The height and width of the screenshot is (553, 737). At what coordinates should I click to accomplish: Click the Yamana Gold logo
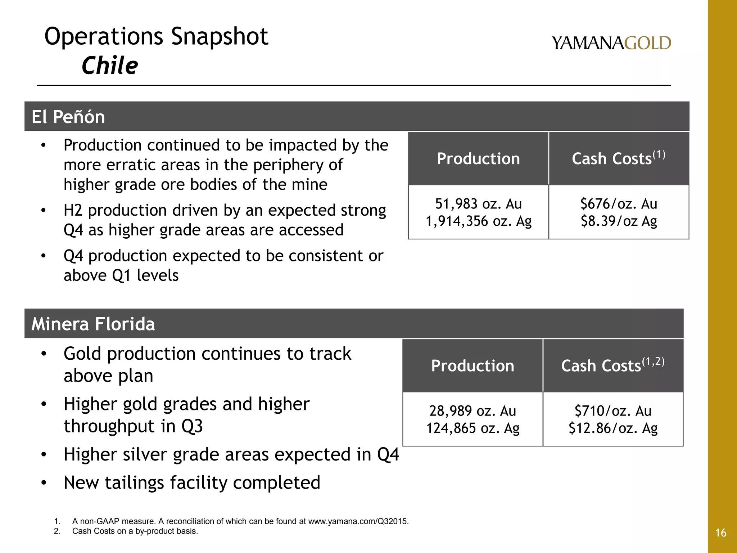coord(611,43)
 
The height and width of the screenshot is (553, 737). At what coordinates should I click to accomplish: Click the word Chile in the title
coord(110,66)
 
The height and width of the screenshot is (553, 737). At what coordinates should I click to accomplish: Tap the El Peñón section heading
coord(68,117)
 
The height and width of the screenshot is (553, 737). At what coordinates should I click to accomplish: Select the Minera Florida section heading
coord(93,324)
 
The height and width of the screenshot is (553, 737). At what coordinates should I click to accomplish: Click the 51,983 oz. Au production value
coord(478,204)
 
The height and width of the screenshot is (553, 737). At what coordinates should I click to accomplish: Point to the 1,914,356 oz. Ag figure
coord(478,221)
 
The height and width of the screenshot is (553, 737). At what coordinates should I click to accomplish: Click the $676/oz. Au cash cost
coord(619,204)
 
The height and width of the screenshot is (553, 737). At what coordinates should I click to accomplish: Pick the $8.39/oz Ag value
coord(619,221)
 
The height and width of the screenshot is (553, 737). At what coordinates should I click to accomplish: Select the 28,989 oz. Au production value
coord(473,411)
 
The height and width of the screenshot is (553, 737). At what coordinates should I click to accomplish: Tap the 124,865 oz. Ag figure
coord(473,428)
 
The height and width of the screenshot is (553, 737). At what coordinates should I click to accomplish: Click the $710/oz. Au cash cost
coord(613,411)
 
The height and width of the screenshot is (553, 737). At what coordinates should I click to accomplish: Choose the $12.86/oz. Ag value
coord(613,428)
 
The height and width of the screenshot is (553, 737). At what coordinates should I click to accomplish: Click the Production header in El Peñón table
coord(478,159)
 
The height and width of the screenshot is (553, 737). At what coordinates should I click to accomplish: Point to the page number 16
coord(721,533)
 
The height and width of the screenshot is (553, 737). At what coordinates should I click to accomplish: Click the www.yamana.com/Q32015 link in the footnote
coord(358,521)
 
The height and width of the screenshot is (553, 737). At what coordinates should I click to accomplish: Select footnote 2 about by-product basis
coord(135,531)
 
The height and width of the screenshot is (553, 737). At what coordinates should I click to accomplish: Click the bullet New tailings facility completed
coord(192,483)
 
